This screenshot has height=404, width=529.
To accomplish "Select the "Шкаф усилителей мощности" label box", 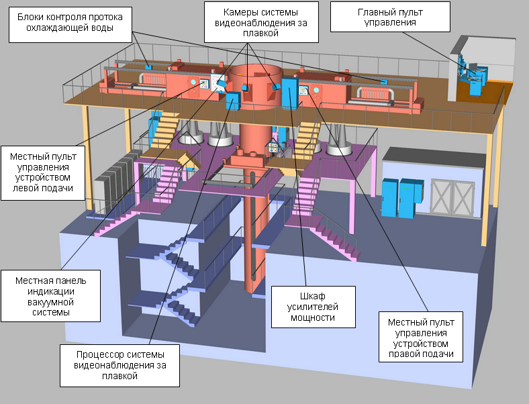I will click(x=314, y=305).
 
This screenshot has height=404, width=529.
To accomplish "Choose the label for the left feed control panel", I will click(x=43, y=170).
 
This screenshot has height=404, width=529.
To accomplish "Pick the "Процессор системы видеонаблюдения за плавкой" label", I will click(x=120, y=364).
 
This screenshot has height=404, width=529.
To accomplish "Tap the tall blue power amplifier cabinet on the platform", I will click(x=289, y=93).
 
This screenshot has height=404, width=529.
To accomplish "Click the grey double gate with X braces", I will click(x=449, y=195).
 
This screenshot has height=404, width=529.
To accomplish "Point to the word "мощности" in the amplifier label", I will click(x=314, y=317).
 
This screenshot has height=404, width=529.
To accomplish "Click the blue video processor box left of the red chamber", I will click(x=233, y=101).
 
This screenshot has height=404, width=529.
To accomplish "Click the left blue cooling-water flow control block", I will click(x=148, y=66).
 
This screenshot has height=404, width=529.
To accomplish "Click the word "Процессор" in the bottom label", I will click(x=97, y=352).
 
